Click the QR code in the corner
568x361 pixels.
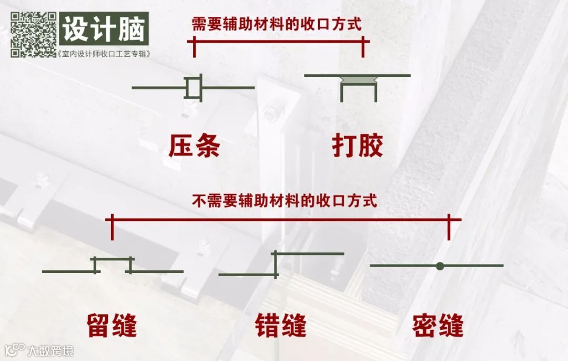(33, 34)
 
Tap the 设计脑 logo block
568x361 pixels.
(104, 30)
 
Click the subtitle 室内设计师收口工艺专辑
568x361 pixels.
(104, 54)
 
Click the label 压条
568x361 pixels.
(194, 146)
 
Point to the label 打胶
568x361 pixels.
(358, 146)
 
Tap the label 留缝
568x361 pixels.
(112, 325)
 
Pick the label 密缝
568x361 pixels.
(438, 325)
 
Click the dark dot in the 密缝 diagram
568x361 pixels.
(440, 266)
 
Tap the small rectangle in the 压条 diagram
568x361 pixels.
(193, 87)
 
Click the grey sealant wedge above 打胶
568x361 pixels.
(358, 80)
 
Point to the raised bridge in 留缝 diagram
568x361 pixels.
(113, 259)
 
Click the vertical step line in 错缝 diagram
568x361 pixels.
(275, 264)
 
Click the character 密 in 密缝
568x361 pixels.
(425, 325)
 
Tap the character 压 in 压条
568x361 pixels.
(181, 146)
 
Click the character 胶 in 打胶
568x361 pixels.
(371, 146)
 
